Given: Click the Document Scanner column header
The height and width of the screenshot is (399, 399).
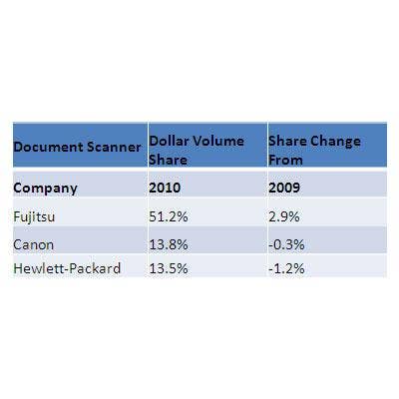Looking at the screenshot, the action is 77,147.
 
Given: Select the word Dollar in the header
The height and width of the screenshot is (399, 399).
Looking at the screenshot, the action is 169,141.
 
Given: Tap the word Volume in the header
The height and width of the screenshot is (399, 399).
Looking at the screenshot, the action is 218,141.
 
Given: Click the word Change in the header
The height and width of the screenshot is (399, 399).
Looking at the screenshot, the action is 335,142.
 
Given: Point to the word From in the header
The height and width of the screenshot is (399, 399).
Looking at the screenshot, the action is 285,160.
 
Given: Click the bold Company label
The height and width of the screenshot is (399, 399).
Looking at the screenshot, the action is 45,189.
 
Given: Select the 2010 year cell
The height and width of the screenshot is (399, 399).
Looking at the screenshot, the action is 165,188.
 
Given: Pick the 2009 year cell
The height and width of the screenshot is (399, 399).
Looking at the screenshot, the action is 284,188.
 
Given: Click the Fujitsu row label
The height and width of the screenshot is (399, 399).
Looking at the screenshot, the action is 34,217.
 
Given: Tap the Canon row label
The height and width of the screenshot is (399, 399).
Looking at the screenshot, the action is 33,245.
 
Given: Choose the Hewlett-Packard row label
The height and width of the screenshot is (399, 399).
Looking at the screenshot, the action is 67,268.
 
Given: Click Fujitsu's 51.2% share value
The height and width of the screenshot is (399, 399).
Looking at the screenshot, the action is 169,216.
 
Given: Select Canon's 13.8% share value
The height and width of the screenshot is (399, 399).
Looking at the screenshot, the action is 169,245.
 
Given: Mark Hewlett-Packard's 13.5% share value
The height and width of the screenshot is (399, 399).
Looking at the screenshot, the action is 169,268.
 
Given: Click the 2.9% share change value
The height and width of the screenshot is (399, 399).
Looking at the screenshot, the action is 284,216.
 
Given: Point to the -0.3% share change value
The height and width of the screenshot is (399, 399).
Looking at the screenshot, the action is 286,245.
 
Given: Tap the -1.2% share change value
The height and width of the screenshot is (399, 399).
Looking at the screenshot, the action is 286,268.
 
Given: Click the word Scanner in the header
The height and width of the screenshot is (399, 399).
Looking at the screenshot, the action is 114,147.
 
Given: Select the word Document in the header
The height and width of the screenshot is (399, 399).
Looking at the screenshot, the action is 48,147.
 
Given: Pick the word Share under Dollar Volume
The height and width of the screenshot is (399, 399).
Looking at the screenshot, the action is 168,160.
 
